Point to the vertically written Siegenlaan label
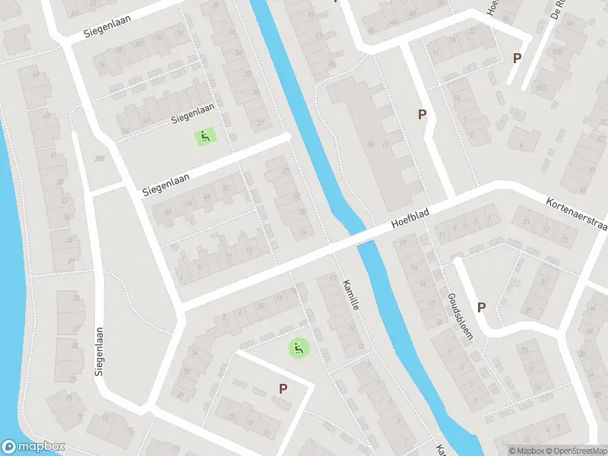[99, 352]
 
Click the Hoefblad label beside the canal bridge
[410, 220]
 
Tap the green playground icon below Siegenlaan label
[204, 137]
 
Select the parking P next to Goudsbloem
[481, 307]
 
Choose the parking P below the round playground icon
[283, 389]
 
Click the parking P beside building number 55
[422, 115]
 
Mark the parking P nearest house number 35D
[518, 59]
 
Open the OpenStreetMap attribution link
[575, 450]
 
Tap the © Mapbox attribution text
[526, 450]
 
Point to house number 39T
[98, 159]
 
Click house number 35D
[557, 52]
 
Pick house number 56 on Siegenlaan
[125, 130]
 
